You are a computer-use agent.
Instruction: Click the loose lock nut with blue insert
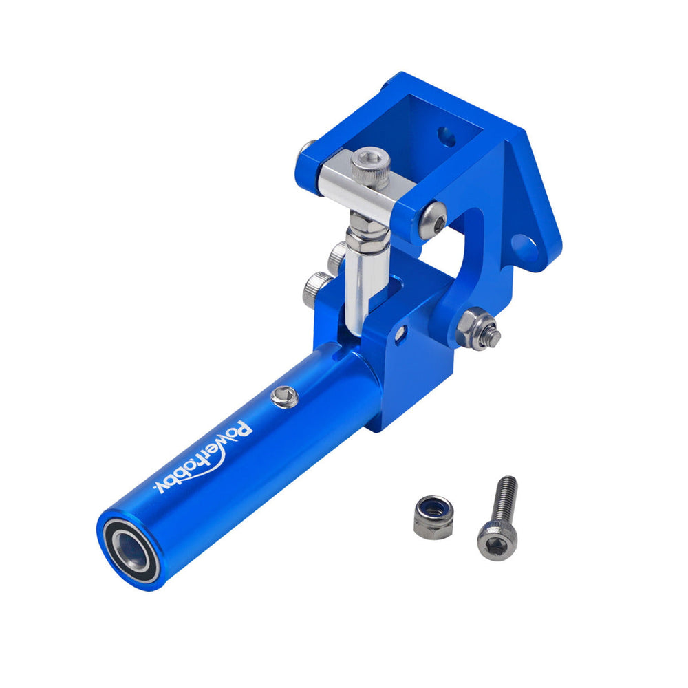click(433, 517)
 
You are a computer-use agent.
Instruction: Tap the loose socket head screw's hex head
click(496, 541)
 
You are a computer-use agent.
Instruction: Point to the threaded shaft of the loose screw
click(506, 499)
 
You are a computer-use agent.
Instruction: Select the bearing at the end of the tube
click(129, 550)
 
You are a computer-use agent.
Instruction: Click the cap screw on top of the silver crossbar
click(371, 167)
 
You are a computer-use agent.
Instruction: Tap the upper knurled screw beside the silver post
click(336, 256)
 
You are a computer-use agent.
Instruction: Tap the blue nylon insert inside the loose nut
click(433, 510)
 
